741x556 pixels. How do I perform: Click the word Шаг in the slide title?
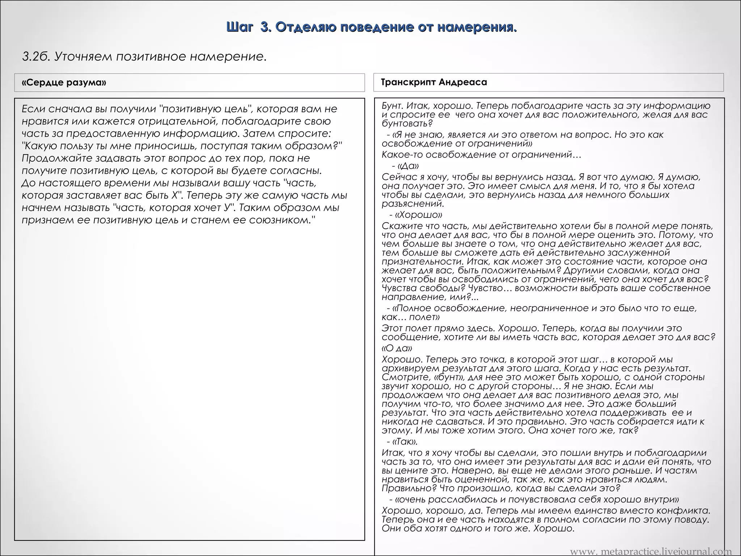(x=239, y=27)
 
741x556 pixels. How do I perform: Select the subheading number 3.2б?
(x=35, y=57)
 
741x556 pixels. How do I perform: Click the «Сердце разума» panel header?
(x=64, y=83)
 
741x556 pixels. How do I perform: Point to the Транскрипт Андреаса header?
(x=434, y=82)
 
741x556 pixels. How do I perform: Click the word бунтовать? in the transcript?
(x=407, y=123)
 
